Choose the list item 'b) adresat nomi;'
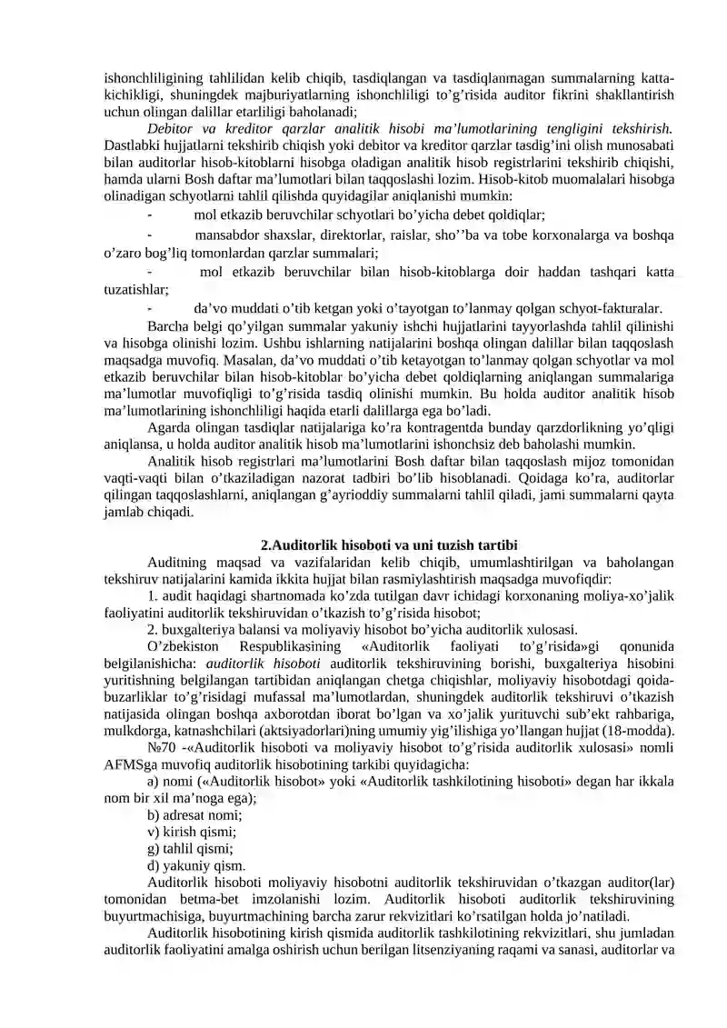194,815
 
